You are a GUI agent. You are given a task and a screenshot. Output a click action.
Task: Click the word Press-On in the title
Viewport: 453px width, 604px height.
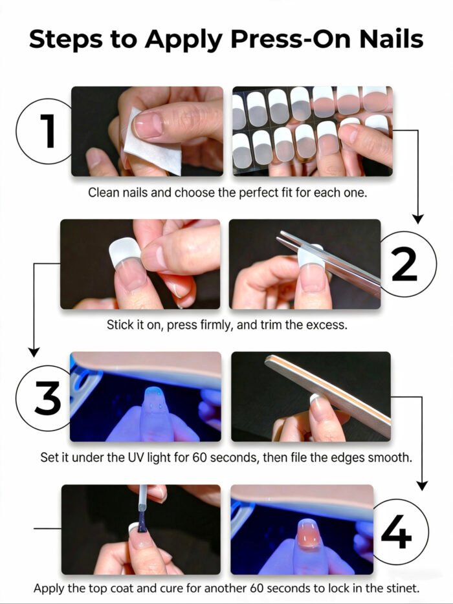[259, 39]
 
